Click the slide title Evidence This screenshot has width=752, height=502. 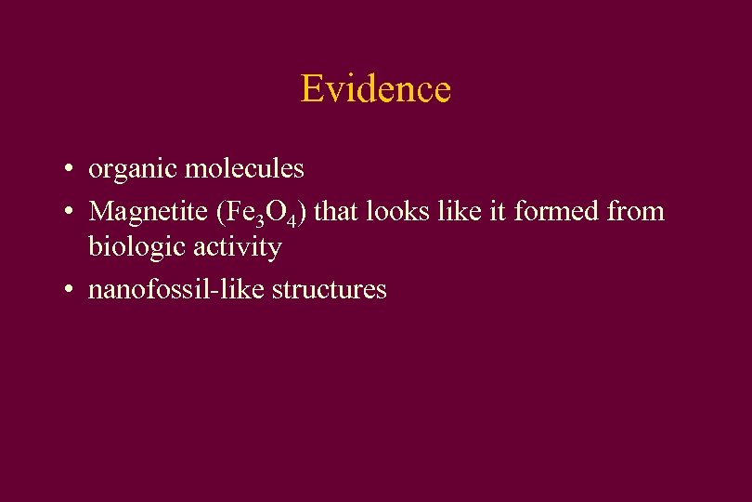(375, 89)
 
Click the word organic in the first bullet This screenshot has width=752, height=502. (133, 170)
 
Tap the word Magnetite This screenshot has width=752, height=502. (148, 212)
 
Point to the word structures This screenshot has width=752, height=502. (328, 289)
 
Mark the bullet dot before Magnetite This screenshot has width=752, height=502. (71, 213)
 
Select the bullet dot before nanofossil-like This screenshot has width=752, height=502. (71, 291)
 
